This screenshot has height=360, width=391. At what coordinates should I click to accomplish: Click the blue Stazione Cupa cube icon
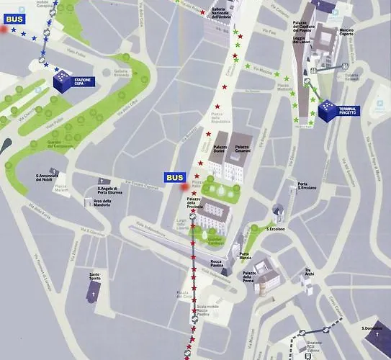(x=64, y=81)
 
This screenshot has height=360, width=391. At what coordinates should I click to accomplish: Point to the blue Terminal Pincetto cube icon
(x=326, y=108)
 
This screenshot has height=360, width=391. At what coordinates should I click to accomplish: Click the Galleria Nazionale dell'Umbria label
(x=221, y=12)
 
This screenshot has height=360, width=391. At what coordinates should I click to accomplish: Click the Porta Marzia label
(x=246, y=255)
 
